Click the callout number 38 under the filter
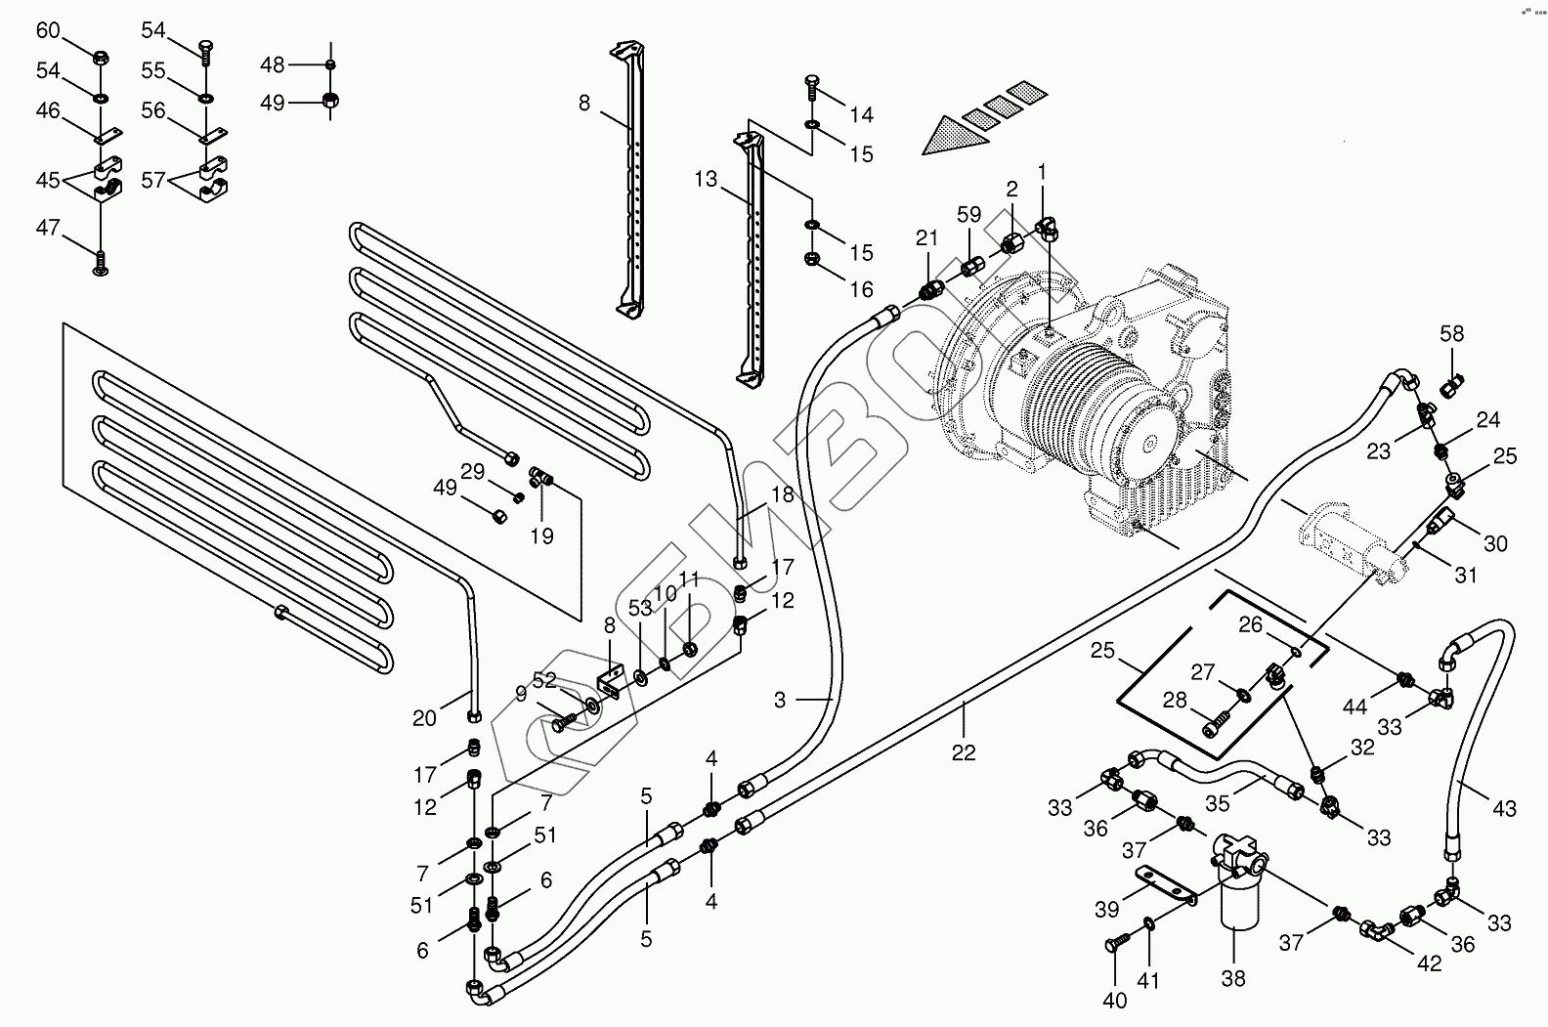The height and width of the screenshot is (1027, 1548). tap(1233, 978)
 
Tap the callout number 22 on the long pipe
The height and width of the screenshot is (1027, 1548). tap(964, 752)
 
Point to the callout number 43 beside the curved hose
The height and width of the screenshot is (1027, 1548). tap(1505, 808)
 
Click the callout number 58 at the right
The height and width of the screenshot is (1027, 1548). tap(1452, 334)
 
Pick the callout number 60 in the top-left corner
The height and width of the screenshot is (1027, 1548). tap(48, 30)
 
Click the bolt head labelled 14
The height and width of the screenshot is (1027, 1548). tap(811, 83)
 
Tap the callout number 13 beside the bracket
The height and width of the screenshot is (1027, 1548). tap(707, 180)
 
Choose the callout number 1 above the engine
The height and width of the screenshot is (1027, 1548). tap(1042, 173)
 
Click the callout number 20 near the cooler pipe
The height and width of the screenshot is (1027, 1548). tap(424, 718)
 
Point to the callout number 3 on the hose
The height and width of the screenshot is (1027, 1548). tap(780, 700)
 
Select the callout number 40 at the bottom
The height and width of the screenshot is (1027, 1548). tap(1114, 1000)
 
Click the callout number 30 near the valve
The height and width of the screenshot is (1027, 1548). tap(1495, 544)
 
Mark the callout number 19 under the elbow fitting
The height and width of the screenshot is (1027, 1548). tap(541, 535)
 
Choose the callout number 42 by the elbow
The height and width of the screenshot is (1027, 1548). tap(1429, 963)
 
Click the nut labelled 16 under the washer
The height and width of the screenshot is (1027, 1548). tap(811, 260)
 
